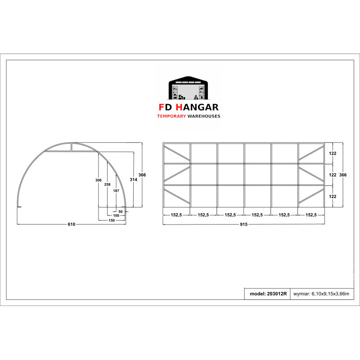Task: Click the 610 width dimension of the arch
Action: coord(72,224)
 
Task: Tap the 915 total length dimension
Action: coord(243,224)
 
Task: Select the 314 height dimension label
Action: coord(133,180)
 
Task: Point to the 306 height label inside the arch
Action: coord(99,180)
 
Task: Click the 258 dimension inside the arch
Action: coord(107,184)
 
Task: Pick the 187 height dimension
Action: coord(116,191)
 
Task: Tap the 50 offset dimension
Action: coord(121,211)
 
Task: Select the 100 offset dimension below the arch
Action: coord(116,216)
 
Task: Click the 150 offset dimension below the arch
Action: coord(112,220)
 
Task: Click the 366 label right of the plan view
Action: coord(343,175)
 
